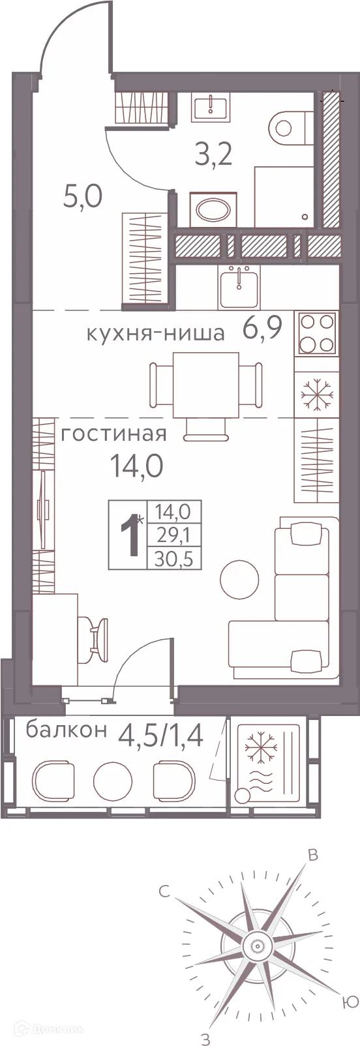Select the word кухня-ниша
point(155,334)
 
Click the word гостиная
point(114,433)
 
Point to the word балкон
point(66,730)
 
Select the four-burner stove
point(316,333)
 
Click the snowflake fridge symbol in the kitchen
point(316,395)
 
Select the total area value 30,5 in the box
point(175,558)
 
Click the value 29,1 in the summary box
point(175,535)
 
